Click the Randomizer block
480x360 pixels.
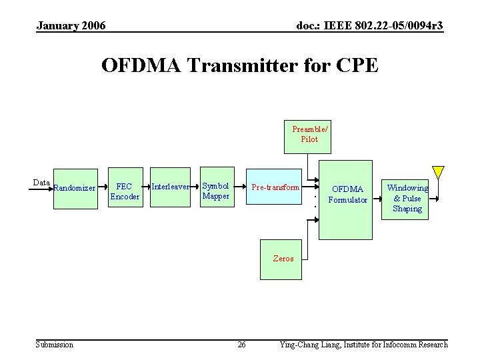click(75, 188)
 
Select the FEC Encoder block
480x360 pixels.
click(125, 191)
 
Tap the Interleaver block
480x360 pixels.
click(170, 187)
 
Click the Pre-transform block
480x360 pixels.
click(275, 187)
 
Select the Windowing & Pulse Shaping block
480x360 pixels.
click(407, 198)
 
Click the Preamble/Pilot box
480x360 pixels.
click(309, 135)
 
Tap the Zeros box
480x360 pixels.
click(283, 257)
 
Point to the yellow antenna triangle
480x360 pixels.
click(437, 171)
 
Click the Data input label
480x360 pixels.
click(41, 183)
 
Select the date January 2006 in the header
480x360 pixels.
click(71, 26)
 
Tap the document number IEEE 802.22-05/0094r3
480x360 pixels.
click(369, 26)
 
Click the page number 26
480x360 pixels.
click(242, 345)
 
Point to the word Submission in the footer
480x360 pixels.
click(55, 345)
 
